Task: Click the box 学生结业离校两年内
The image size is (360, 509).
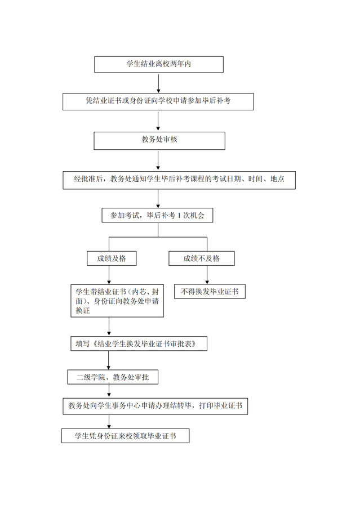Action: tap(158, 64)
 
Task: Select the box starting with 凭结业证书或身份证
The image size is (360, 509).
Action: tap(158, 101)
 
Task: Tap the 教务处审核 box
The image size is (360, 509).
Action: tap(159, 141)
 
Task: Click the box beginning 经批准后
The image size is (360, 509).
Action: tap(179, 180)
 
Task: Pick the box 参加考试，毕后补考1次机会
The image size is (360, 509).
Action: tap(157, 215)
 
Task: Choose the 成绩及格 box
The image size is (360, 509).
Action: tap(112, 258)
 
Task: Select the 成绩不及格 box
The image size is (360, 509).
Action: tap(202, 258)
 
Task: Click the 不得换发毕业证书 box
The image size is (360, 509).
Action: tap(210, 292)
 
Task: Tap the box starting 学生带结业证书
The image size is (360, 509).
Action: tap(117, 301)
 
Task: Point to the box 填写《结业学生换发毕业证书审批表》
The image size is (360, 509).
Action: tap(139, 344)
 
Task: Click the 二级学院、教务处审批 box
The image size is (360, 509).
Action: tap(113, 377)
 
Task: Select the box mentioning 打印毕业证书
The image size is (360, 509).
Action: tap(155, 406)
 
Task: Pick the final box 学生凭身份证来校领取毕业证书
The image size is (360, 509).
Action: tap(126, 436)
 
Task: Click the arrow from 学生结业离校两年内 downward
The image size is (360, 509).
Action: tap(158, 83)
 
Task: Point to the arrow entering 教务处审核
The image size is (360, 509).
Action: tap(158, 121)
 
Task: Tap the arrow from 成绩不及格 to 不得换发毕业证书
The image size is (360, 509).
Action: tap(207, 275)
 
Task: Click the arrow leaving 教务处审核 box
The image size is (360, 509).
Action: tap(158, 160)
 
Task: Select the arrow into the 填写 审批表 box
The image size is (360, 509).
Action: tap(109, 327)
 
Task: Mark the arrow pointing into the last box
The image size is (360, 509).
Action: tap(109, 422)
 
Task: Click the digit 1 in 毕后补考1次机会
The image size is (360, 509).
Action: tap(179, 215)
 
